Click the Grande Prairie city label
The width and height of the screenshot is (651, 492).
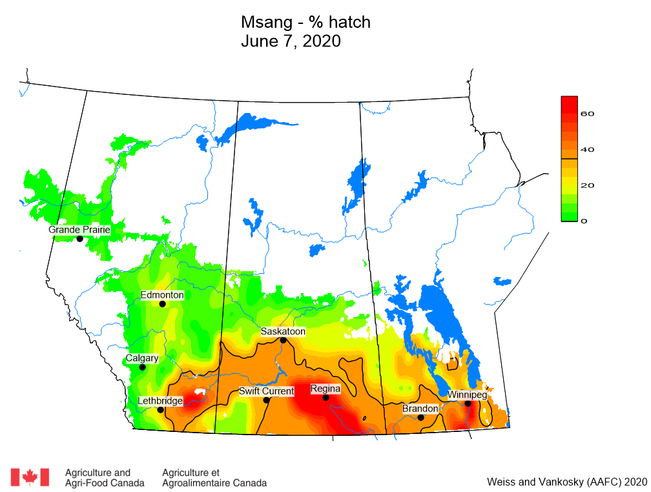pos(79,229)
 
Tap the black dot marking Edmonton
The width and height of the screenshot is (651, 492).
pos(163,303)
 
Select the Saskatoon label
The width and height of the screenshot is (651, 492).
pos(283,331)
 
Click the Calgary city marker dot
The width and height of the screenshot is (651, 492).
pos(143,367)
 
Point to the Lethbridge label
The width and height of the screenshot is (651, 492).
pos(160,401)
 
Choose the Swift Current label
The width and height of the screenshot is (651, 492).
pos(266,391)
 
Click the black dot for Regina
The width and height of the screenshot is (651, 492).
pos(326,398)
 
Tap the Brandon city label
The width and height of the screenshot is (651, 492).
pos(420,409)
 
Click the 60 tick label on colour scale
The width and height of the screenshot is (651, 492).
pos(587,114)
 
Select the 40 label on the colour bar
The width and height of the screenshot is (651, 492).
pos(587,150)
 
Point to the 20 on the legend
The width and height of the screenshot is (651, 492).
pos(587,185)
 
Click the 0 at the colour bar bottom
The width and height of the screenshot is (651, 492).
pos(584,221)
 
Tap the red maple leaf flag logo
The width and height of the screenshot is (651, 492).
pos(30,477)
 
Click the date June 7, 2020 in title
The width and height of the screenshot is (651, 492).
pos(291,41)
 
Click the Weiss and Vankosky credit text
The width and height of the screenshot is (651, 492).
pos(566,482)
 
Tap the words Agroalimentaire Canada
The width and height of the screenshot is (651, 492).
pos(214,483)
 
